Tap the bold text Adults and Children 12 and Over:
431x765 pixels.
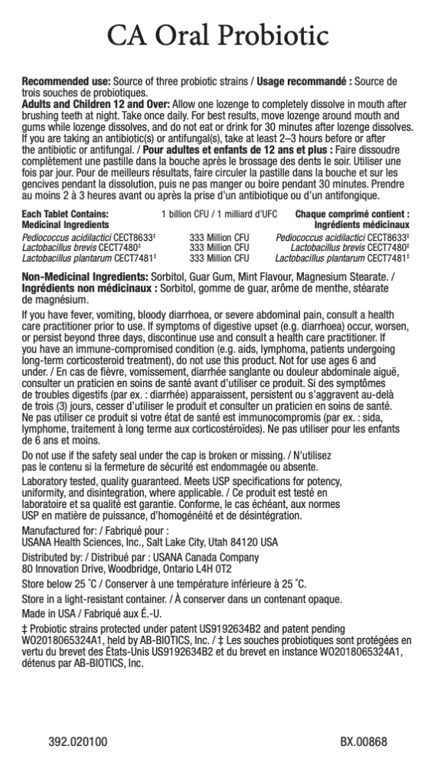pos(86,103)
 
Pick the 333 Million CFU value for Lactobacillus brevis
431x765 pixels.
pos(219,248)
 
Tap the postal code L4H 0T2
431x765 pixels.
pos(213,569)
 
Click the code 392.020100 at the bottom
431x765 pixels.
pos(78,742)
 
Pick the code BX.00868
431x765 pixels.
pos(364,742)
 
